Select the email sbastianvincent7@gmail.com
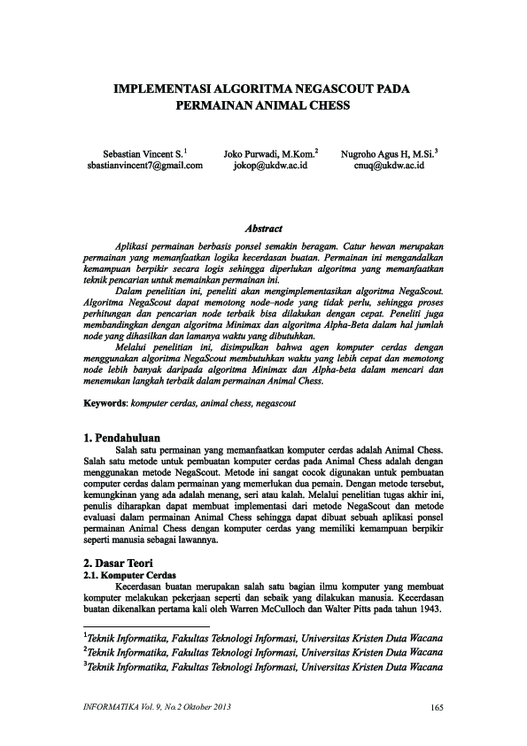(145, 165)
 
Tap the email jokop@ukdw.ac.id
(269, 165)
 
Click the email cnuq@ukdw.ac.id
(390, 165)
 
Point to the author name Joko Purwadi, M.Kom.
(270, 152)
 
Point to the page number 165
(435, 706)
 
